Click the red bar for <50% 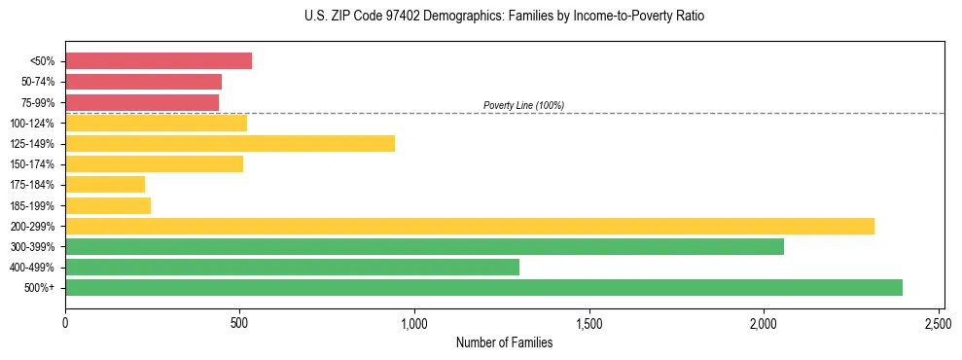[x=159, y=61]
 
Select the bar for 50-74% [x=143, y=82]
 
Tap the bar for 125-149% [x=230, y=144]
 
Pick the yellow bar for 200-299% [x=469, y=226]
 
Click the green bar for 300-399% [x=424, y=247]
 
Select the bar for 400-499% [x=292, y=268]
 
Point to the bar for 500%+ [x=483, y=288]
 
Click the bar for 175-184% [x=105, y=185]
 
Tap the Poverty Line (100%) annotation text [x=523, y=105]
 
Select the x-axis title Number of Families [x=504, y=342]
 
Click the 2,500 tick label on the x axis [x=939, y=320]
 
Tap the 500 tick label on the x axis [x=239, y=320]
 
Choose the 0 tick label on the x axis [x=65, y=320]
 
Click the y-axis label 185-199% [x=32, y=206]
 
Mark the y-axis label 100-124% [x=32, y=124]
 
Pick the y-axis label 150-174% [x=32, y=164]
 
